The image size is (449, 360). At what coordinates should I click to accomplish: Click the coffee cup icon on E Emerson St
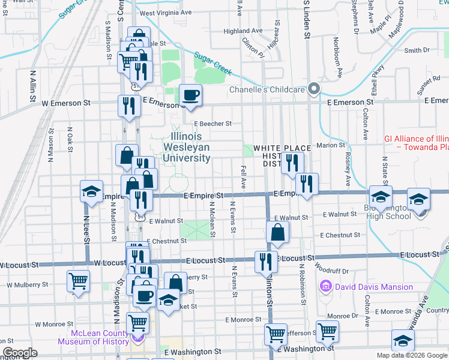(x=191, y=95)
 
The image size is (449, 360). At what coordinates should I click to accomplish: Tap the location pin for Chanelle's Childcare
(x=314, y=90)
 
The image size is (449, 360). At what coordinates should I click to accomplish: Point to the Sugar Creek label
(x=212, y=65)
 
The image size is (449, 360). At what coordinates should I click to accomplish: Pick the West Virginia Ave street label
(x=165, y=12)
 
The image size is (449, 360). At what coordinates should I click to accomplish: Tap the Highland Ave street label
(x=243, y=31)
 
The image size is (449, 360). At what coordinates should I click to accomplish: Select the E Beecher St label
(x=212, y=124)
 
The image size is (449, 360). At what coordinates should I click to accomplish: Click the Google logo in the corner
(x=20, y=353)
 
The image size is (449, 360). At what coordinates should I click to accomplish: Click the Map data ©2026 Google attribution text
(x=411, y=355)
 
